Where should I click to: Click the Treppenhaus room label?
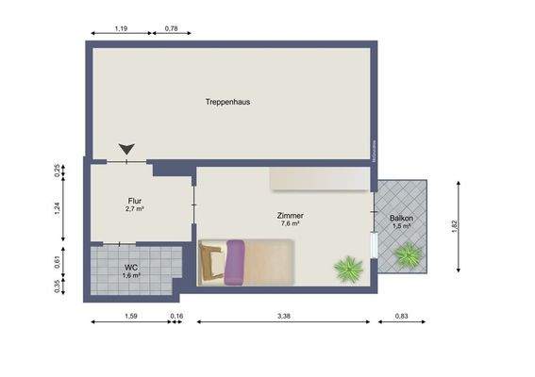click(x=227, y=102)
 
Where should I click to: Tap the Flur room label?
click(x=134, y=201)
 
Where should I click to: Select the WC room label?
click(x=131, y=268)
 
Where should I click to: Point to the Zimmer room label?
click(x=289, y=215)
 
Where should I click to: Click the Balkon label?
click(x=401, y=219)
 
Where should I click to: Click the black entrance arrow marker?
click(x=126, y=149)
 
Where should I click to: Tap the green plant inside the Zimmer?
click(x=348, y=268)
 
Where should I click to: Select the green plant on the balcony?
click(x=409, y=254)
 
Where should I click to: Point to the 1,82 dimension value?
click(x=454, y=223)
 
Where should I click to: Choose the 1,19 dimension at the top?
click(x=121, y=28)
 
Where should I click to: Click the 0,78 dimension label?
click(x=172, y=28)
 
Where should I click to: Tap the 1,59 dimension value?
click(x=130, y=316)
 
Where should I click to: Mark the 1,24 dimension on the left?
click(x=57, y=209)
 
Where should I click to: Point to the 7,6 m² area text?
click(x=289, y=224)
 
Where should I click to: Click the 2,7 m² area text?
click(x=134, y=209)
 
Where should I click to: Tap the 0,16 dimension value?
click(x=176, y=316)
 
